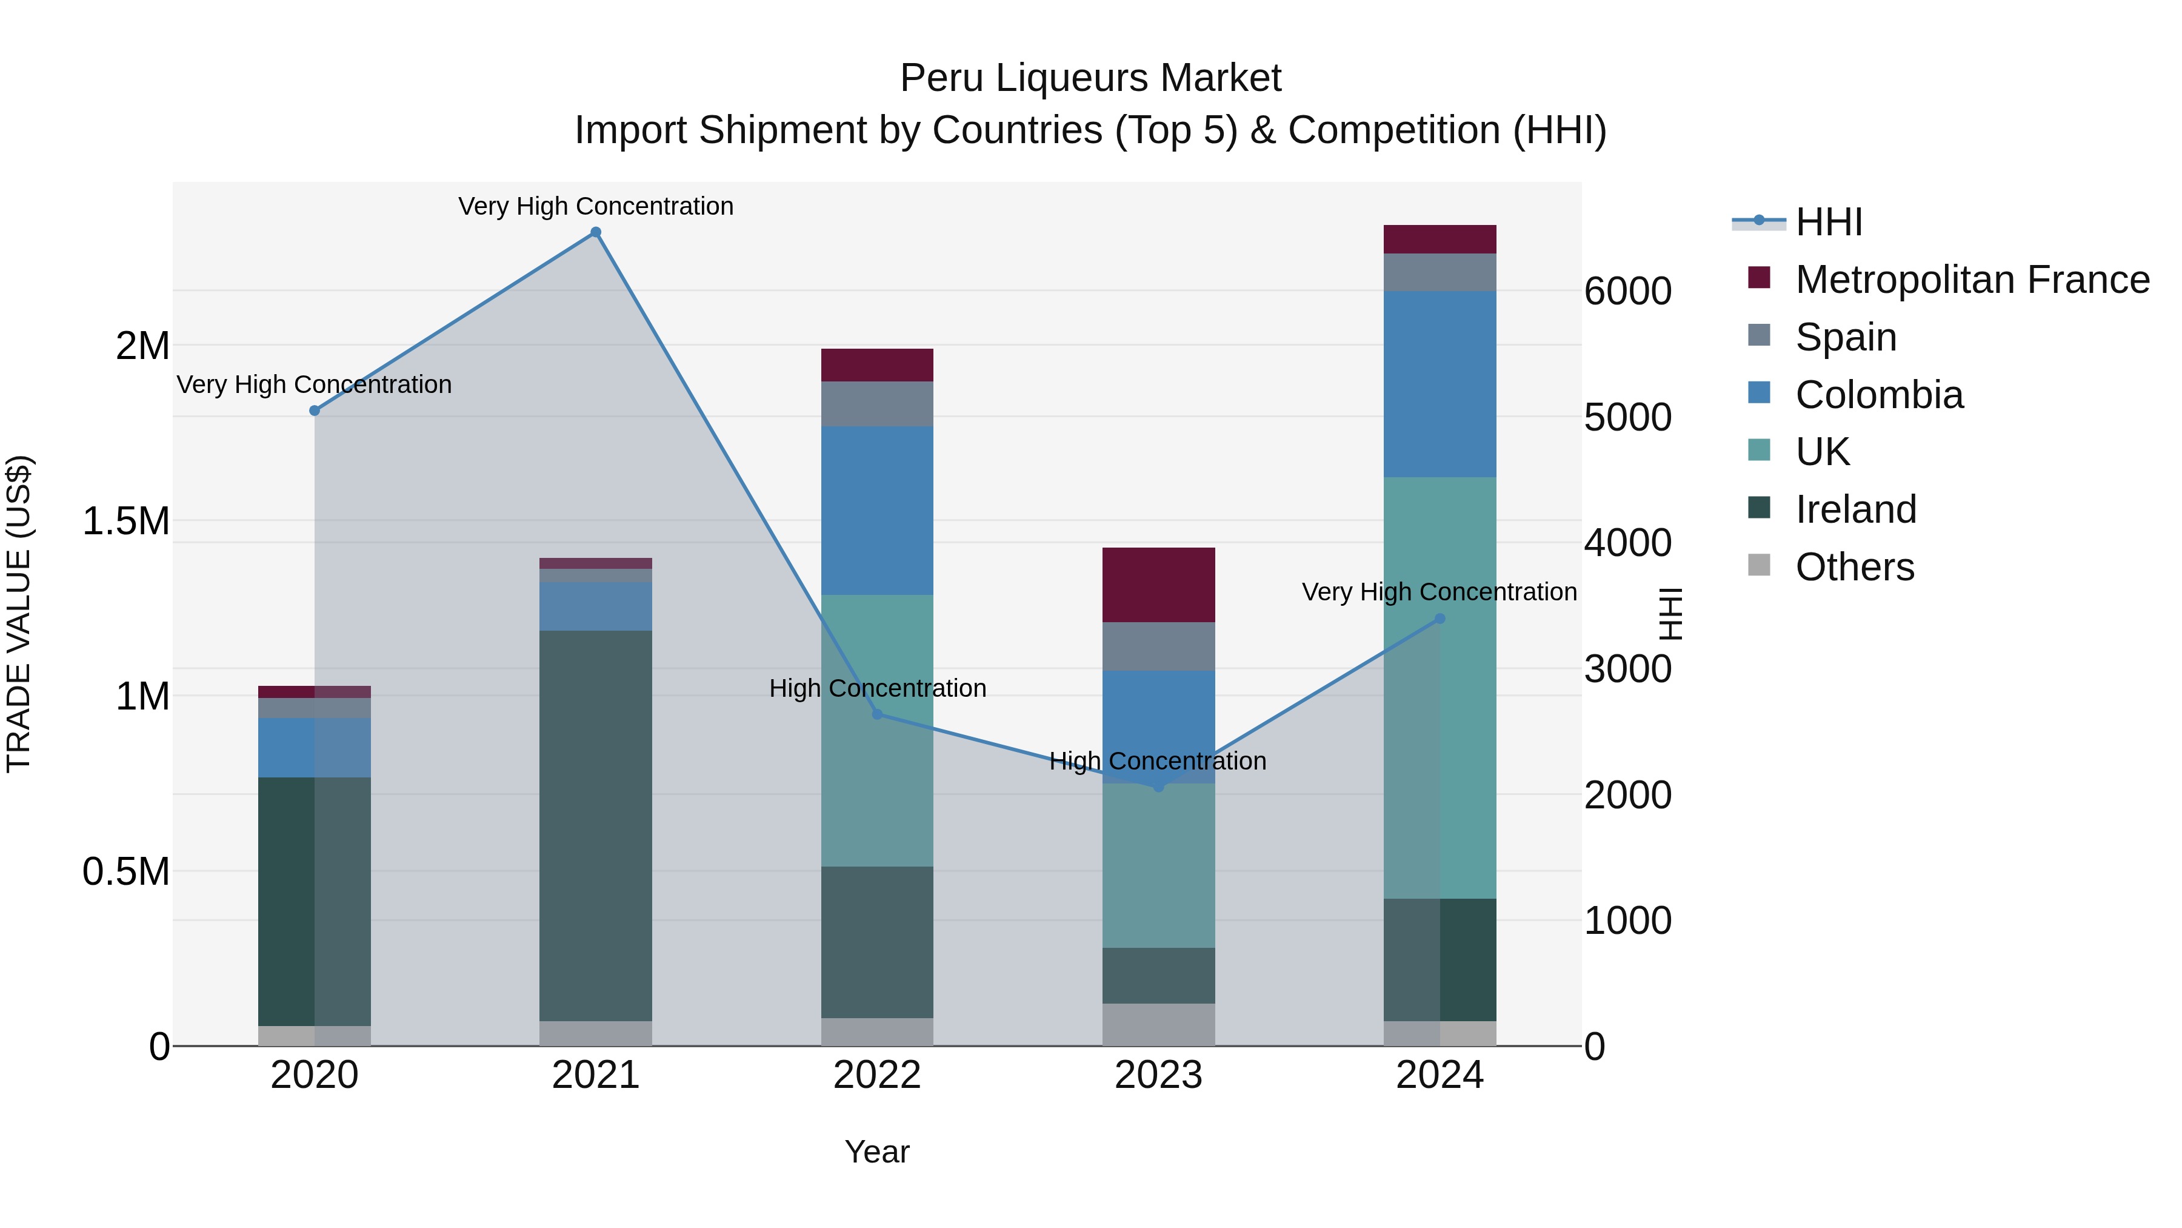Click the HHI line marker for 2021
point(595,232)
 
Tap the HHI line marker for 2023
point(1159,787)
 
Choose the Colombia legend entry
point(1879,395)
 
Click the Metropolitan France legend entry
point(1972,280)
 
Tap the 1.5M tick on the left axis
point(126,521)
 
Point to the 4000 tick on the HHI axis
point(1627,543)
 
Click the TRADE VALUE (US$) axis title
point(19,614)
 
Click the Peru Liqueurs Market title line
point(1090,78)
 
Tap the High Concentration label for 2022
point(878,688)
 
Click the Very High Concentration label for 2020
point(314,384)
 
